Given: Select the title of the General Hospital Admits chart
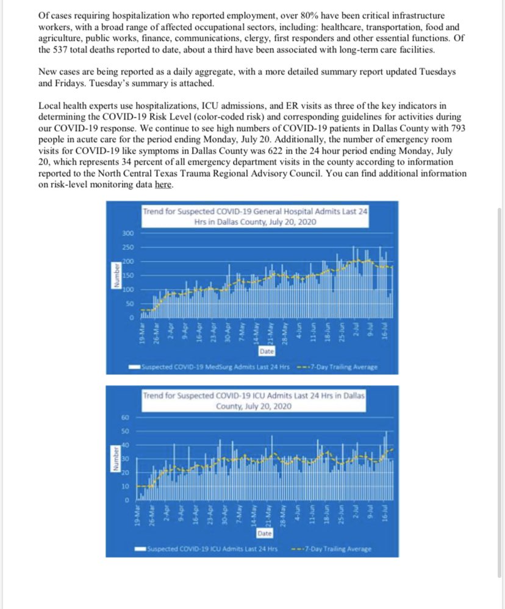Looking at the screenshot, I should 255,217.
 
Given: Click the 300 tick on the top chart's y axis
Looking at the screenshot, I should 127,233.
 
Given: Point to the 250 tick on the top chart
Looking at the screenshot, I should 127,248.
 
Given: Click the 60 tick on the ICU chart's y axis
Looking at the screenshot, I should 126,418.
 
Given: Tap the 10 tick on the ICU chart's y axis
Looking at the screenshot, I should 126,486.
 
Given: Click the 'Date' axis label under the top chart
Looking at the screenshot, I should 267,352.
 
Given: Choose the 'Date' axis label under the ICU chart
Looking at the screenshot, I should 265,533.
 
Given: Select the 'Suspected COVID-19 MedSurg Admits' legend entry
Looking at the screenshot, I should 210,367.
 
